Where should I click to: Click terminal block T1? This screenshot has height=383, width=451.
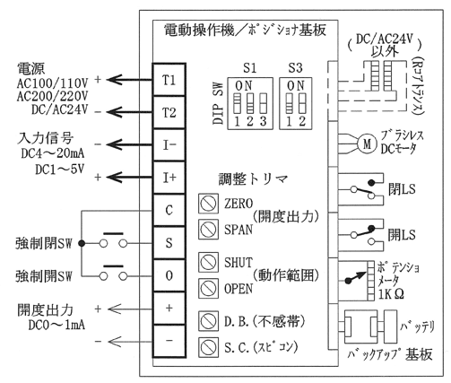pos(169,80)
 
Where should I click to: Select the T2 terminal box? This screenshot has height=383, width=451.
pos(169,113)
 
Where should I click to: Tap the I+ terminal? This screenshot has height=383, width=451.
pos(169,178)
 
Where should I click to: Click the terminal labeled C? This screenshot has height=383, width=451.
pos(169,210)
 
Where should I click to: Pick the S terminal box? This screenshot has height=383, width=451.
pos(169,243)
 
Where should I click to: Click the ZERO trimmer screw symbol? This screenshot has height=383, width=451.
pos(208,204)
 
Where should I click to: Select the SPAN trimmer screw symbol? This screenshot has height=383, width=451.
pos(208,230)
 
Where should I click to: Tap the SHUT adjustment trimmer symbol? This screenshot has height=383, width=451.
pos(208,262)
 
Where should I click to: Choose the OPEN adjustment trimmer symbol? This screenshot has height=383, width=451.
pos(208,288)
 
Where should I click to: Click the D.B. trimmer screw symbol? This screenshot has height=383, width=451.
pos(208,321)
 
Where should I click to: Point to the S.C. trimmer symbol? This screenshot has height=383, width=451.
pos(208,347)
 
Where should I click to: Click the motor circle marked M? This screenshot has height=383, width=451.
pos(367,144)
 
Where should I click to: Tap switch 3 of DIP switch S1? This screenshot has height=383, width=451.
pos(263,103)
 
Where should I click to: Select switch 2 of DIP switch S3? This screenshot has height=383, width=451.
pos(302,103)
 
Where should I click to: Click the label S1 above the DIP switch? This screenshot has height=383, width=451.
pos(249,68)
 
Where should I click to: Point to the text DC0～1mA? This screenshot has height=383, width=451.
pos(56,326)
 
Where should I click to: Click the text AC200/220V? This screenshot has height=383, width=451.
pos(53,96)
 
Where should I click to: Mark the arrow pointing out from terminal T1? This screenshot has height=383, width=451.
pos(130,80)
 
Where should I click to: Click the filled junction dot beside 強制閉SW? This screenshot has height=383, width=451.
pos(82,244)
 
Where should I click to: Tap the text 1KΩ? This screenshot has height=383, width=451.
pos(391,294)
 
